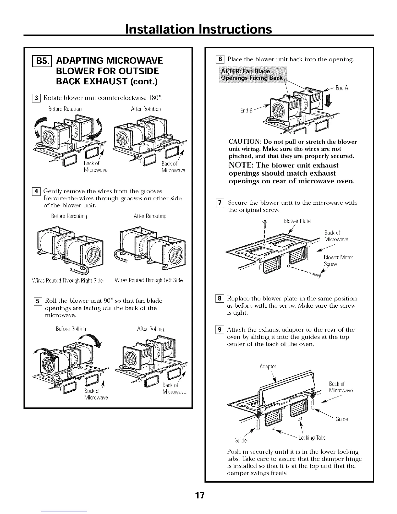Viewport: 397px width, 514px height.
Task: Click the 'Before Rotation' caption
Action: [65, 109]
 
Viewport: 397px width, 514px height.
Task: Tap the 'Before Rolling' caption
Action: [71, 329]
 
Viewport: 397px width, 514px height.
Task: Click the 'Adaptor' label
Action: [268, 367]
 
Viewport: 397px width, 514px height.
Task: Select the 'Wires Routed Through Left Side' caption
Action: [149, 280]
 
